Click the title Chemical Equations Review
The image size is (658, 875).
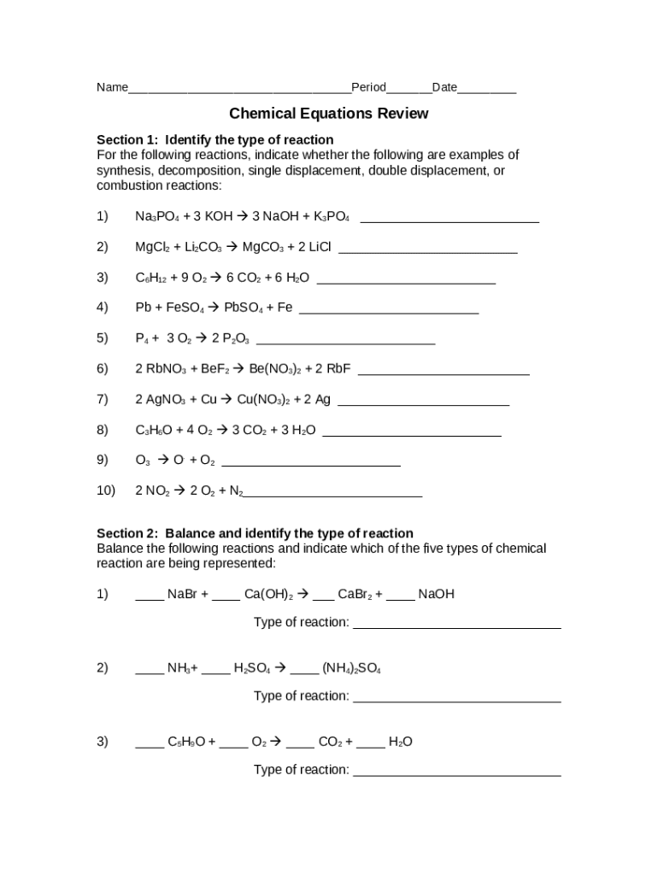328,114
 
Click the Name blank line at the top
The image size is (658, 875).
239,89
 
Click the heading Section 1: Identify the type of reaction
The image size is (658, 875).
214,139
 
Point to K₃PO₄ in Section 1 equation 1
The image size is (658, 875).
332,217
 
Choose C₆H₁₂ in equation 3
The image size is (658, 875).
151,278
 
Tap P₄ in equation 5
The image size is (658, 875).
142,338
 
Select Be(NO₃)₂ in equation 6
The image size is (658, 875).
275,369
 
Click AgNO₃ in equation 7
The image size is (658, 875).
166,400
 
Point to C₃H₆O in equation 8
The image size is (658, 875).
154,430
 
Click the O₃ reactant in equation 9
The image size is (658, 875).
143,461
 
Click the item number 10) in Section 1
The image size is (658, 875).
106,490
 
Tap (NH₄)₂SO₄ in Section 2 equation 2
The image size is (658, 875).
351,668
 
